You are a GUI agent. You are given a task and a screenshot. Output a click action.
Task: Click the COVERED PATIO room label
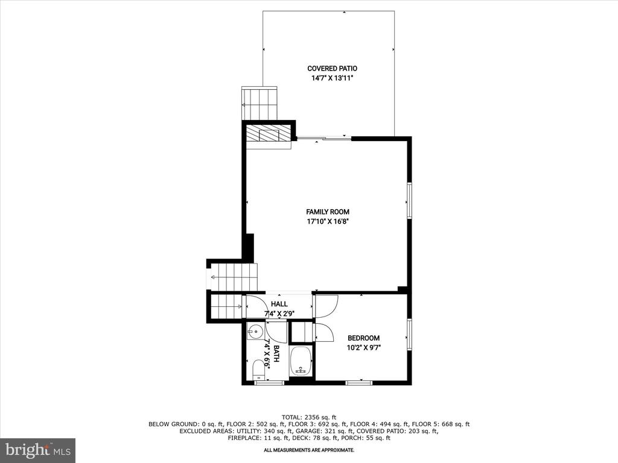tap(333, 69)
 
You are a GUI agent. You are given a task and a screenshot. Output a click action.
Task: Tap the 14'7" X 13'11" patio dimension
tap(332, 78)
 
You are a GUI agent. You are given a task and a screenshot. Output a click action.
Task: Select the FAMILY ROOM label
tap(328, 212)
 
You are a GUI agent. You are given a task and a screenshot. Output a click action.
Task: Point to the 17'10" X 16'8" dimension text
tap(328, 222)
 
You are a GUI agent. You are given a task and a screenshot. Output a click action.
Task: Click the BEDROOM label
tap(363, 338)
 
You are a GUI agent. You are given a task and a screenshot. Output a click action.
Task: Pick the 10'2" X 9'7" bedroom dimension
tap(364, 348)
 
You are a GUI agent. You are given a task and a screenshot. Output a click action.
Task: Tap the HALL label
tap(279, 304)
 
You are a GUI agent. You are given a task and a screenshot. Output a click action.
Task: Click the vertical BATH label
tap(276, 353)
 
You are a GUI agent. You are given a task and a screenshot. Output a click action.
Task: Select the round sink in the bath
tap(255, 332)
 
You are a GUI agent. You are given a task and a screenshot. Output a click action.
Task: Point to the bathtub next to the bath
tap(301, 361)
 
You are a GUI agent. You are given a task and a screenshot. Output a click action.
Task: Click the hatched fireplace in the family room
tap(269, 134)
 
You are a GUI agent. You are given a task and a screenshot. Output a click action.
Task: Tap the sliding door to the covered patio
tap(323, 138)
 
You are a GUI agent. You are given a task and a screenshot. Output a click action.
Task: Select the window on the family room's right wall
tap(410, 200)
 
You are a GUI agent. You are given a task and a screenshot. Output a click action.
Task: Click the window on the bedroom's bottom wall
tap(359, 382)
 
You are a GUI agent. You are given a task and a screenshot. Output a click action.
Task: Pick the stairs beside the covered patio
tap(259, 102)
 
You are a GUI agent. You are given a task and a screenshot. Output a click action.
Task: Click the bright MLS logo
tap(37, 449)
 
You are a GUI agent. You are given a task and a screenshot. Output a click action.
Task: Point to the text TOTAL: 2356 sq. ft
tap(309, 417)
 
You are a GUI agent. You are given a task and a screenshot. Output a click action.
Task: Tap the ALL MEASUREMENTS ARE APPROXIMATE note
tap(309, 450)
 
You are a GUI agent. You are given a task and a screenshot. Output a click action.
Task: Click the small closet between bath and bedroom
tap(301, 332)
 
